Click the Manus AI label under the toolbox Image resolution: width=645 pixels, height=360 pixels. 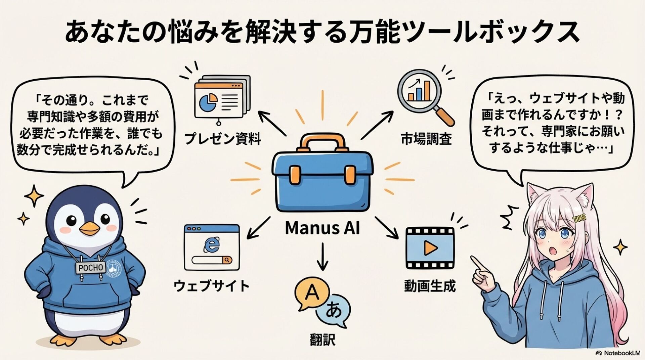(x=322, y=228)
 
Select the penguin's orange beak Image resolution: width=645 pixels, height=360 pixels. (x=90, y=229)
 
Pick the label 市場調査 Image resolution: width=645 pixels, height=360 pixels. (x=426, y=139)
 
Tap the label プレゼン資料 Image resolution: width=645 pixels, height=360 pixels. (x=223, y=139)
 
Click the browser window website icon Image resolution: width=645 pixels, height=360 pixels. (x=212, y=248)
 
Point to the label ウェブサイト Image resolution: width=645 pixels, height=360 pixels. (x=212, y=286)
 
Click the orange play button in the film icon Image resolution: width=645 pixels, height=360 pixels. (x=430, y=248)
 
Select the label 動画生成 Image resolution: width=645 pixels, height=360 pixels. (x=430, y=286)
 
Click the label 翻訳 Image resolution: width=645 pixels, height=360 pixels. (x=322, y=340)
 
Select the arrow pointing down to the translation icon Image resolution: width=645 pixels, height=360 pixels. (x=322, y=257)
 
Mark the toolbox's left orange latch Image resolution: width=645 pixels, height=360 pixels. (x=295, y=175)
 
